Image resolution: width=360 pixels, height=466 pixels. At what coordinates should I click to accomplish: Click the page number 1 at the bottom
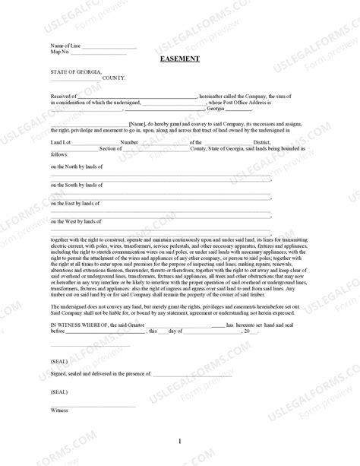pos(180,442)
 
